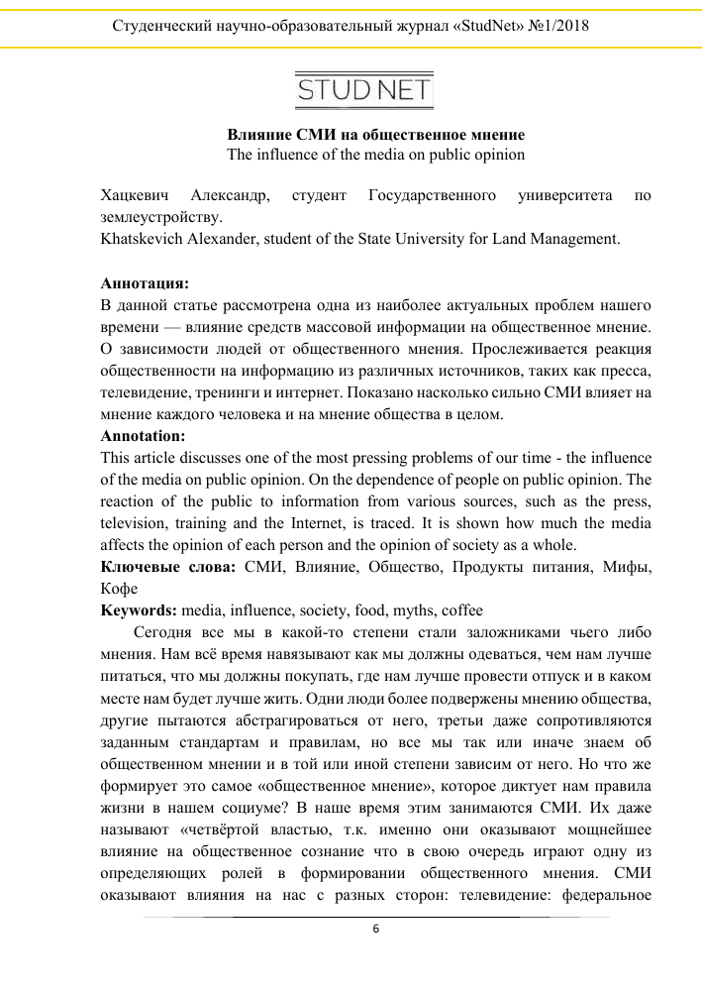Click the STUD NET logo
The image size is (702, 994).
point(363,92)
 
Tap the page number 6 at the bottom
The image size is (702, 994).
point(375,929)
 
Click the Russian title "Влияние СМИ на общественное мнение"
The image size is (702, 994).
point(375,134)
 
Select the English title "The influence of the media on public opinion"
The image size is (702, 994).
point(375,155)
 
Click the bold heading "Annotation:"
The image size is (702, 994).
point(143,435)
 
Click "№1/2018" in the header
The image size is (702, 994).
point(555,26)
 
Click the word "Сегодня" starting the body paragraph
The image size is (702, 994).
point(162,631)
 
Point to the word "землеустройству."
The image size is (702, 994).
point(161,218)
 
